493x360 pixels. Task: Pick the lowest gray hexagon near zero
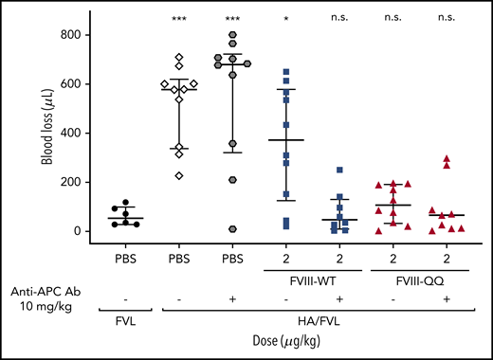click(x=230, y=229)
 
